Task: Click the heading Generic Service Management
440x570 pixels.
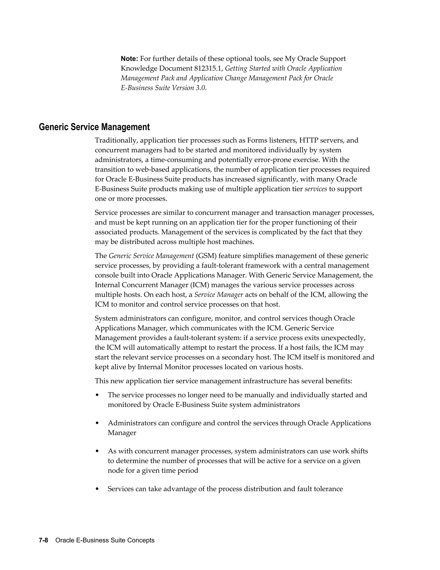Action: (x=94, y=127)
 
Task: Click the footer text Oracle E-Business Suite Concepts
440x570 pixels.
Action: (x=105, y=540)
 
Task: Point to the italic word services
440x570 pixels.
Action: (x=316, y=189)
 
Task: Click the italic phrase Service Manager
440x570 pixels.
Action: (x=219, y=295)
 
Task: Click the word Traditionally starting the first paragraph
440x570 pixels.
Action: (x=116, y=140)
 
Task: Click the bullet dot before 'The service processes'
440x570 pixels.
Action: (x=97, y=395)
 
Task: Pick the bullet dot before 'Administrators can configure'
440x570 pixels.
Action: (x=97, y=423)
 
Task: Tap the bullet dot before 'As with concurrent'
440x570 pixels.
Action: (x=97, y=451)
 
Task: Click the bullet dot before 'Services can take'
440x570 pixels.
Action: (x=97, y=489)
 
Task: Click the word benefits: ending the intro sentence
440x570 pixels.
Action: (x=339, y=381)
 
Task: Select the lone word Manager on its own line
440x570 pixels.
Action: (x=122, y=433)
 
